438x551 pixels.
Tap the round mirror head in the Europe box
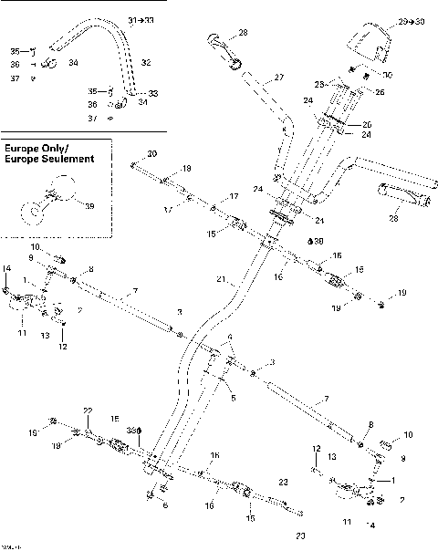point(61,189)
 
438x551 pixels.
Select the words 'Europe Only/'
point(36,147)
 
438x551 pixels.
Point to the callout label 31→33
point(143,19)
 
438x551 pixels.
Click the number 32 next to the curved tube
point(145,62)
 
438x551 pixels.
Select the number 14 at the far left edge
point(6,267)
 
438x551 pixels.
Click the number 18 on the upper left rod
point(186,169)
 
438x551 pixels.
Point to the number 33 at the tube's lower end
point(152,93)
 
